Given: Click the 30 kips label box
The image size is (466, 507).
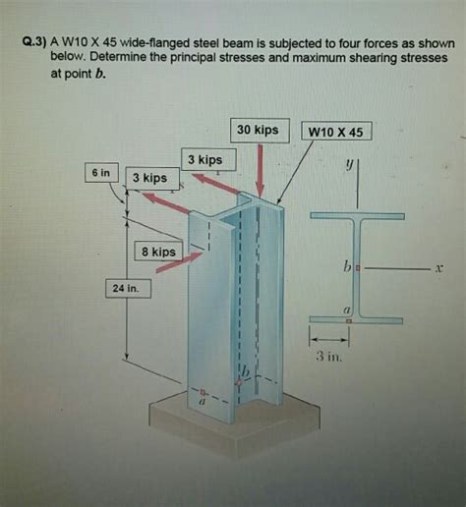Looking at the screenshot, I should [258, 130].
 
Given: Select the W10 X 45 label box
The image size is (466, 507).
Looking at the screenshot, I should [336, 132].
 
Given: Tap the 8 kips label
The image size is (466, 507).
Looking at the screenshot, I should [157, 253].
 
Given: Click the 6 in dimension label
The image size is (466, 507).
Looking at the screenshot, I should [100, 172].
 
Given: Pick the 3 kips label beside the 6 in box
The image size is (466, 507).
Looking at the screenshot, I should [149, 178].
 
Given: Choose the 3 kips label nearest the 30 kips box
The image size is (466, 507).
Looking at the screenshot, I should [204, 159].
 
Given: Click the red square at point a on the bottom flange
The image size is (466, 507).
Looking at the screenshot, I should [347, 320].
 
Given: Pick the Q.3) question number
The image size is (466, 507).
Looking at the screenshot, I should [36, 43].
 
